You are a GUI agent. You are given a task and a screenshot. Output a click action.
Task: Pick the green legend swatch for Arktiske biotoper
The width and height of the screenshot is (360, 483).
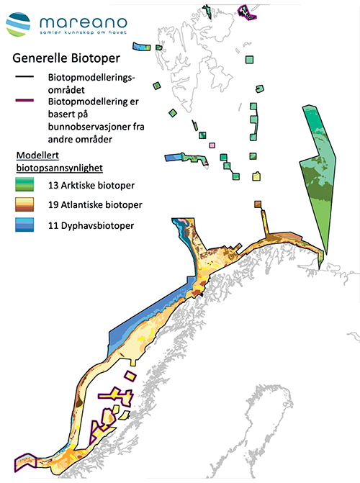click(27, 185)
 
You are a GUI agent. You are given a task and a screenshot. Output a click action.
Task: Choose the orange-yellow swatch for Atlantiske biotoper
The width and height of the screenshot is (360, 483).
click(27, 206)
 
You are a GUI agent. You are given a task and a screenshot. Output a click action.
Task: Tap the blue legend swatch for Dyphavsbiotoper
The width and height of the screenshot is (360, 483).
click(27, 226)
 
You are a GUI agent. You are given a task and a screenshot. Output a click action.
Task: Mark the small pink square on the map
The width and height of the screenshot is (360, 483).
click(211, 145)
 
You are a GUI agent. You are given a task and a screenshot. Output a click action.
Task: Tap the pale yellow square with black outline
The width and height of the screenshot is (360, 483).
click(256, 176)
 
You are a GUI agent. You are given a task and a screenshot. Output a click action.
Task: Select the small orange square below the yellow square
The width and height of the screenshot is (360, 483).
click(258, 204)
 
